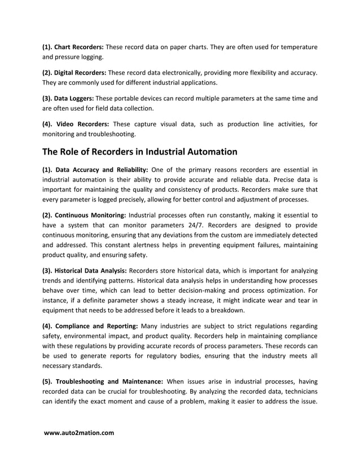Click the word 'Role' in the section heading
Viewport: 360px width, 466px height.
click(x=76, y=152)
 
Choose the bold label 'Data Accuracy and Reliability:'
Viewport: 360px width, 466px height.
click(x=102, y=169)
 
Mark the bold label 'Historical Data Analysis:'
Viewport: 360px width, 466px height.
click(x=93, y=271)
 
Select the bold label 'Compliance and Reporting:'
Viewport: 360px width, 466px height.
click(x=96, y=326)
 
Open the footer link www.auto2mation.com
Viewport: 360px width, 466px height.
click(x=79, y=433)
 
